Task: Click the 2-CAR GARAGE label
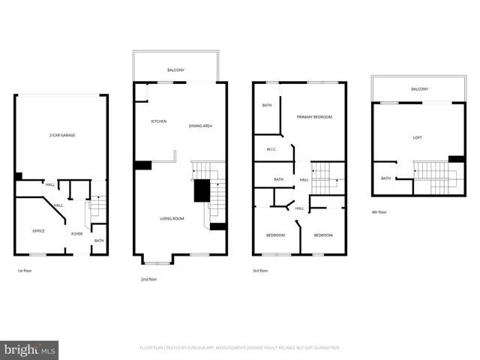[x=62, y=135]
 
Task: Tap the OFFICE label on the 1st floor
[x=38, y=231]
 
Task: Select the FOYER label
[x=77, y=234]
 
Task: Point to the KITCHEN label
[x=158, y=121]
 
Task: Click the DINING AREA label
[x=200, y=126]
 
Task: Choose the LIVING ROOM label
[x=172, y=219]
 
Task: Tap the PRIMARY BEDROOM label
[x=314, y=117]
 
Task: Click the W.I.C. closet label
[x=271, y=148]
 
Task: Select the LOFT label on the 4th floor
[x=418, y=137]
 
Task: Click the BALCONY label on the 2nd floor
[x=175, y=70]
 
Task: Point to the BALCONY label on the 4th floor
[x=419, y=89]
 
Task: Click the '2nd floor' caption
[x=148, y=279]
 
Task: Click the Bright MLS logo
[x=30, y=350]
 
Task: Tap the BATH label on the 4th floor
[x=385, y=178]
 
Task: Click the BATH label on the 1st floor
[x=98, y=241]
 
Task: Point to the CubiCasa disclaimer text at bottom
[x=240, y=348]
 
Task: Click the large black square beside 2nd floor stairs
[x=201, y=191]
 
